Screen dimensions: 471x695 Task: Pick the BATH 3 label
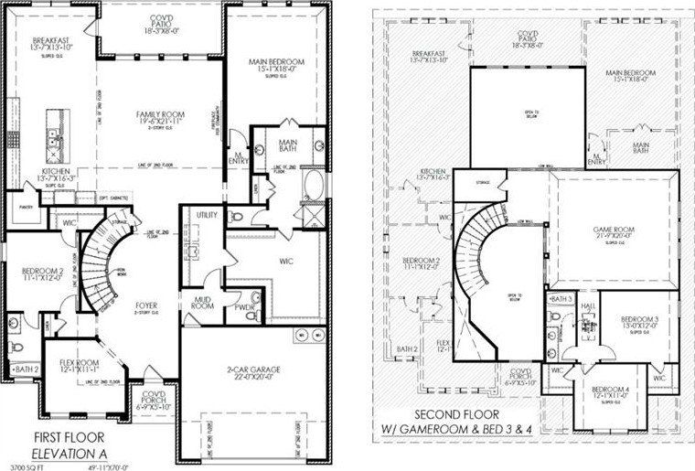coord(561,299)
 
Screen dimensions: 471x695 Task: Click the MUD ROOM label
coord(203,303)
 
